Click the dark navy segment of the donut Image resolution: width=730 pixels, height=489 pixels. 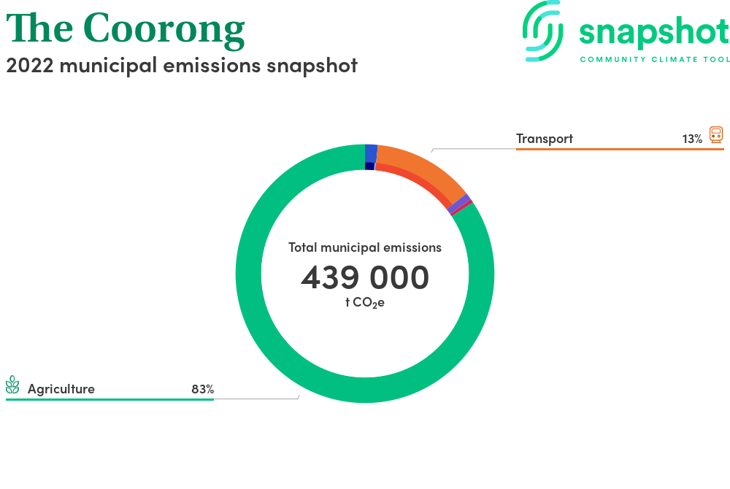click(369, 166)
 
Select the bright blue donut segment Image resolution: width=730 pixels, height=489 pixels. click(371, 153)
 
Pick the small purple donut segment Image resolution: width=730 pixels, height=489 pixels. click(459, 204)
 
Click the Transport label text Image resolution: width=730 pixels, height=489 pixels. click(545, 139)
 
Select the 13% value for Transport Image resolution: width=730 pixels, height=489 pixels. click(692, 139)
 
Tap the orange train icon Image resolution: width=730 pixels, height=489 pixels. click(716, 134)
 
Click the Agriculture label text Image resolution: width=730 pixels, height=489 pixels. click(61, 389)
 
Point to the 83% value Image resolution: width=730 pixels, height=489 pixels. click(202, 389)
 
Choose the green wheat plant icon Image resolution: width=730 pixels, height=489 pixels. click(12, 385)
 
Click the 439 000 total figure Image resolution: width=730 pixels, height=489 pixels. click(365, 277)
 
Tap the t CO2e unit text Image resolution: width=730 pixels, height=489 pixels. click(365, 302)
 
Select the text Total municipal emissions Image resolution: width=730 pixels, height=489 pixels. click(365, 247)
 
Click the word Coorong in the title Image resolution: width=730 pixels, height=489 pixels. click(164, 29)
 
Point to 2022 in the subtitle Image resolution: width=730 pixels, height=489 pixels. click(30, 65)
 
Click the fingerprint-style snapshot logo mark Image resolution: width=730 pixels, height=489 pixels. click(543, 31)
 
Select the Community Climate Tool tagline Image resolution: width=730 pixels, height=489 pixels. click(655, 59)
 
